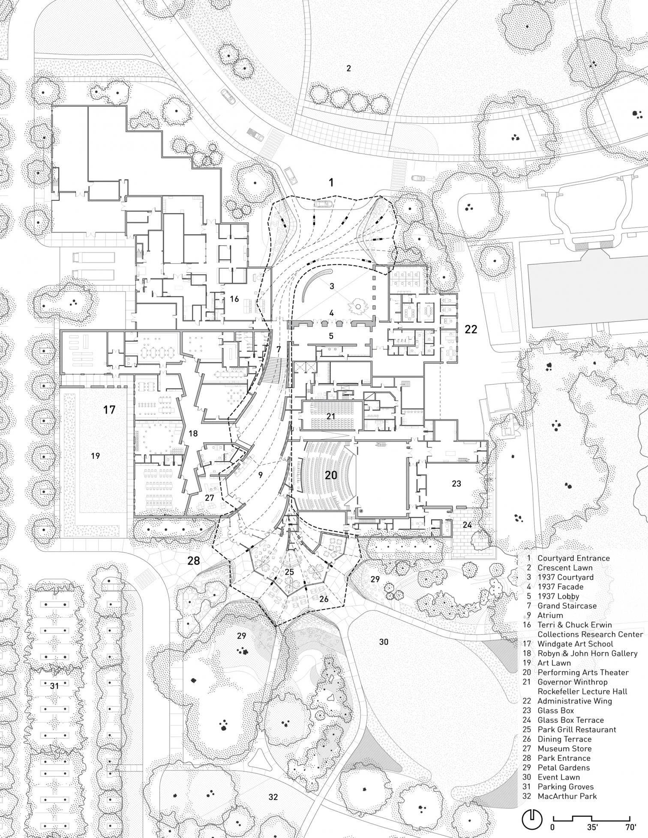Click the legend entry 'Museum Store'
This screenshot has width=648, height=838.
click(x=564, y=748)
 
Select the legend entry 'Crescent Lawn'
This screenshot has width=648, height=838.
click(x=565, y=568)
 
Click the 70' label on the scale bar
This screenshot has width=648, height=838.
click(x=630, y=827)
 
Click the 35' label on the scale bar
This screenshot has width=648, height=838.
click(x=593, y=827)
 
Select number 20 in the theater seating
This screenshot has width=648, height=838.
click(x=331, y=475)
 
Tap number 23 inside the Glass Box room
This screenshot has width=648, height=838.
click(x=456, y=484)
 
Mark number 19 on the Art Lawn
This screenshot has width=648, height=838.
click(x=95, y=456)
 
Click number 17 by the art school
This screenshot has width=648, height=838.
click(x=109, y=410)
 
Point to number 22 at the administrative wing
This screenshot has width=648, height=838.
click(x=471, y=329)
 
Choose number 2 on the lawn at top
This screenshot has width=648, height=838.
click(x=348, y=68)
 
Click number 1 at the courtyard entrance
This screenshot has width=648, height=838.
click(x=331, y=183)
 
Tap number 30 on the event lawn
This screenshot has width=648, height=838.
click(x=384, y=642)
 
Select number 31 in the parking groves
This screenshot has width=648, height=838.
click(x=54, y=686)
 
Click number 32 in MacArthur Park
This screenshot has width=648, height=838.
click(x=273, y=797)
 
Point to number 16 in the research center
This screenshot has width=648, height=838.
click(x=234, y=299)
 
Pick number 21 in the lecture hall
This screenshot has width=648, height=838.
click(x=330, y=416)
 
